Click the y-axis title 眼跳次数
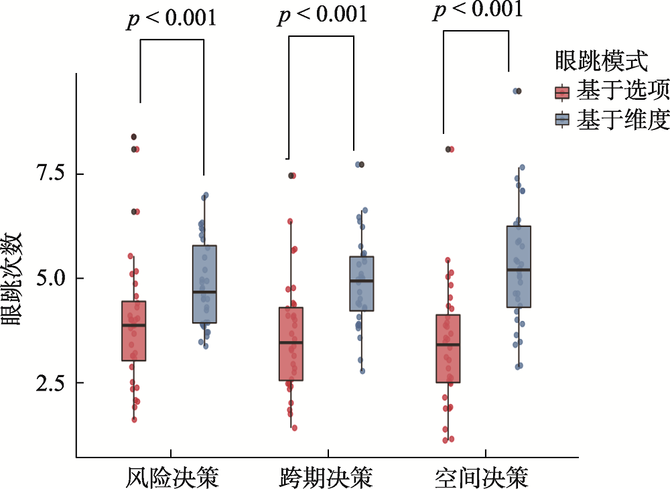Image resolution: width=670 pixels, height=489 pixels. point(15,278)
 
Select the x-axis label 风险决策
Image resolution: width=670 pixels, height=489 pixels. point(172,478)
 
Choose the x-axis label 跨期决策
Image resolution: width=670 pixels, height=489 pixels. point(326,478)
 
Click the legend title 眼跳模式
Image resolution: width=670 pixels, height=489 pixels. point(600,62)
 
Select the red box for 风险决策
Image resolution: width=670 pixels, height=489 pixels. point(134,331)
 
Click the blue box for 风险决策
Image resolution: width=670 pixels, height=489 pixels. point(204,284)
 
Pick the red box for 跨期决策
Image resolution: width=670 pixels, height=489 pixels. point(291,344)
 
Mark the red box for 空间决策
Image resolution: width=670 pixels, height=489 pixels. point(448,348)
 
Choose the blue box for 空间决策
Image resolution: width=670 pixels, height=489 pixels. point(519,267)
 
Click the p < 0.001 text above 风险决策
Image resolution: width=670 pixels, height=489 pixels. point(172,18)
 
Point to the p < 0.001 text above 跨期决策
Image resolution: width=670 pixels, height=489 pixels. point(322,15)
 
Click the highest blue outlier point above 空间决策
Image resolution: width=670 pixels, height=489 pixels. point(517,91)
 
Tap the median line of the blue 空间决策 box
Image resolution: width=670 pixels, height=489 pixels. point(519,269)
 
